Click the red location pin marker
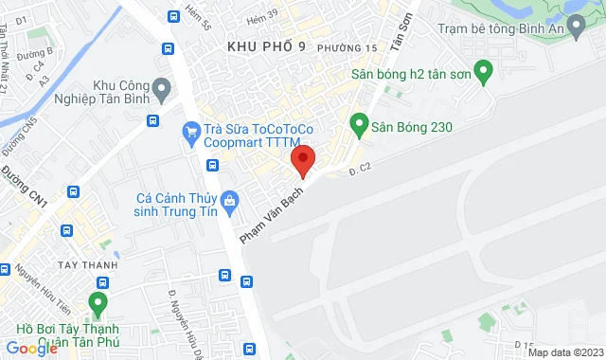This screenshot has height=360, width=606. (302, 159)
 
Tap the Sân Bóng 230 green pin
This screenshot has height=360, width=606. (359, 123)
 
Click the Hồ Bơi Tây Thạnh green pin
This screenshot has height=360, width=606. (97, 304)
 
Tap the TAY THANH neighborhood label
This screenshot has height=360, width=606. (87, 265)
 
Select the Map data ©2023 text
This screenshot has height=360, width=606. (564, 352)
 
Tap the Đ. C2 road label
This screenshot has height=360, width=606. (356, 170)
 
